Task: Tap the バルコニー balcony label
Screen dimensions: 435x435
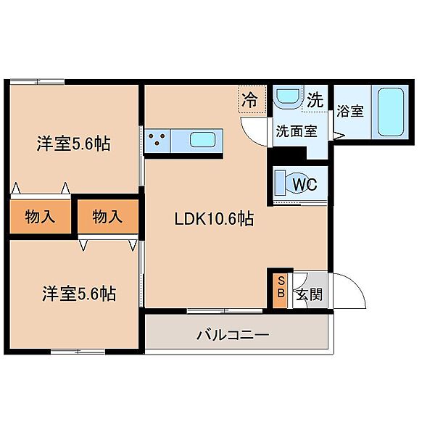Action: coord(233,336)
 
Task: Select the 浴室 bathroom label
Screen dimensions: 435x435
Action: coord(350,112)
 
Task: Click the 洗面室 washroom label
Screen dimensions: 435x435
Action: coord(296,132)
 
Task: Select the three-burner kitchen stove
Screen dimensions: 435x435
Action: coord(158,139)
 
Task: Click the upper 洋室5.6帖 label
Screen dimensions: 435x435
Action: coord(74,144)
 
